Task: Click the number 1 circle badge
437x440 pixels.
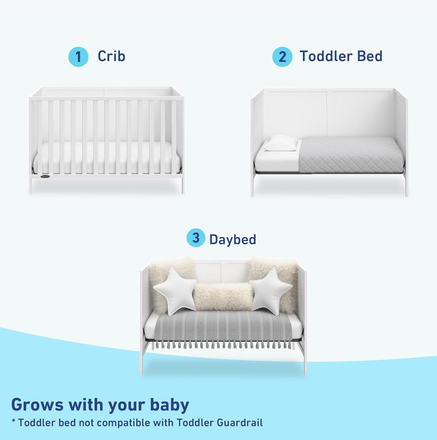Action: pos(78,57)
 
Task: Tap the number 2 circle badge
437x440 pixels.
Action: pos(282,57)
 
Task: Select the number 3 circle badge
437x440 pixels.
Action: pos(195,238)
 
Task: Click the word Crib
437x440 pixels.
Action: pos(111,56)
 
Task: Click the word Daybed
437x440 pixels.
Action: pos(232,239)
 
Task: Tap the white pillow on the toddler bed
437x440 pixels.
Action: pos(280,143)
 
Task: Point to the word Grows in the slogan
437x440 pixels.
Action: pos(37,405)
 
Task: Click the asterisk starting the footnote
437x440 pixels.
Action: pos(14,422)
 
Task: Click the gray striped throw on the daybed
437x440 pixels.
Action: pos(223,326)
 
